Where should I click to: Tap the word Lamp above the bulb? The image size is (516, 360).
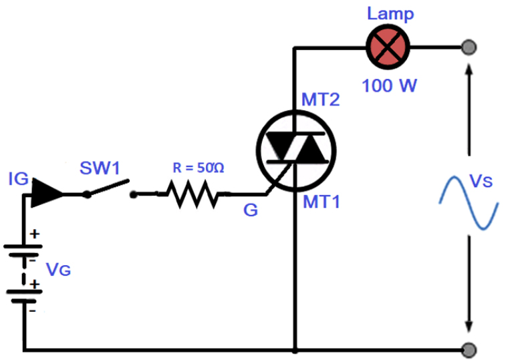coord(390,13)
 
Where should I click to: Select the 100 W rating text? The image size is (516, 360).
coord(389,86)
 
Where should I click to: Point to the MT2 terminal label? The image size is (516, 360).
coord(321,101)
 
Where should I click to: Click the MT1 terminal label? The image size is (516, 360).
coord(321,202)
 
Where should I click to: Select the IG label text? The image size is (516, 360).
coord(18,179)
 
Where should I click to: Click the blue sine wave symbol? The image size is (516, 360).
coord(469,203)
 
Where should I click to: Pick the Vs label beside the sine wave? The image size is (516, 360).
coord(483,181)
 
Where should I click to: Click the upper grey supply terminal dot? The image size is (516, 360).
coord(469,47)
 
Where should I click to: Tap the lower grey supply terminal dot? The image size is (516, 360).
coord(469,350)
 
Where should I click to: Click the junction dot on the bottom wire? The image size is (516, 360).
coord(295,349)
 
